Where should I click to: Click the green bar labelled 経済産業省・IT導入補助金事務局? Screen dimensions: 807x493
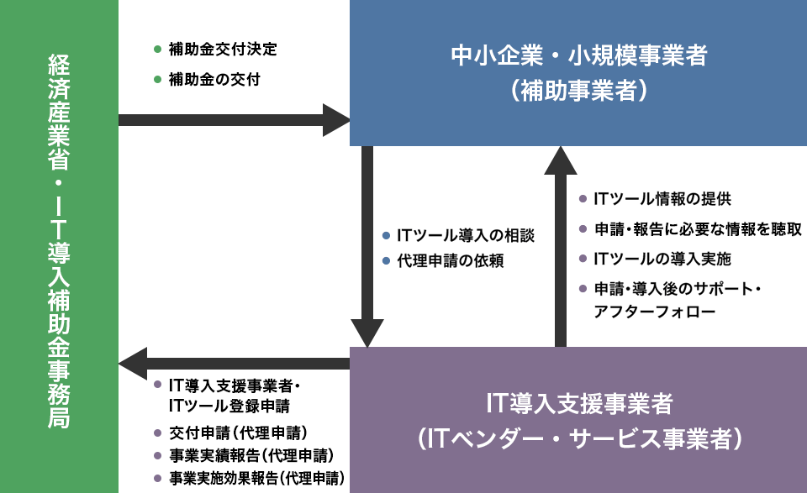tap(59, 247)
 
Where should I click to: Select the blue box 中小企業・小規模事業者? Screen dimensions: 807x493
tap(578, 73)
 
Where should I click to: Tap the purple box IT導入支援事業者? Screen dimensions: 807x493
tap(578, 420)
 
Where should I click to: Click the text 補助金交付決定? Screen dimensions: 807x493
tap(223, 50)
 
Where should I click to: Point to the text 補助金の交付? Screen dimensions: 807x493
tap(214, 80)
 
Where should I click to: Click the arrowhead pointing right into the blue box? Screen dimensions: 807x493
tap(336, 120)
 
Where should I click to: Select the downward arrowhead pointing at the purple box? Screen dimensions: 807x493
tap(367, 333)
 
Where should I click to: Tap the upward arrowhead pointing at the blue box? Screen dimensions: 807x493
tap(561, 160)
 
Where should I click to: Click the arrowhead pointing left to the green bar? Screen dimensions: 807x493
tap(133, 364)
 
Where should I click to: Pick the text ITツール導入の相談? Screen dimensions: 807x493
tap(466, 235)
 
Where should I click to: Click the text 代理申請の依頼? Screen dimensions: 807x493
tap(451, 261)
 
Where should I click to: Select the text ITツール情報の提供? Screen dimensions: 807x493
tap(662, 199)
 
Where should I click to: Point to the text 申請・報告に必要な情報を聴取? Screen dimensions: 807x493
tap(698, 229)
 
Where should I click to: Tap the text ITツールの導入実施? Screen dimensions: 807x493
tap(662, 259)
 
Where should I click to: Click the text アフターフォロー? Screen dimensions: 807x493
tap(655, 312)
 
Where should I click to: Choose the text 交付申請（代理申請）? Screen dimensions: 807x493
tap(238, 433)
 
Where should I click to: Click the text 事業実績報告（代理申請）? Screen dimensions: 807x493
tap(251, 456)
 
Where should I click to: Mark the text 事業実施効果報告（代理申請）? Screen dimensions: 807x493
tap(257, 479)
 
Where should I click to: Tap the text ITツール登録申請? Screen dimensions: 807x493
tap(229, 406)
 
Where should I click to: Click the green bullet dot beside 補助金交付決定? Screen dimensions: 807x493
tap(157, 50)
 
